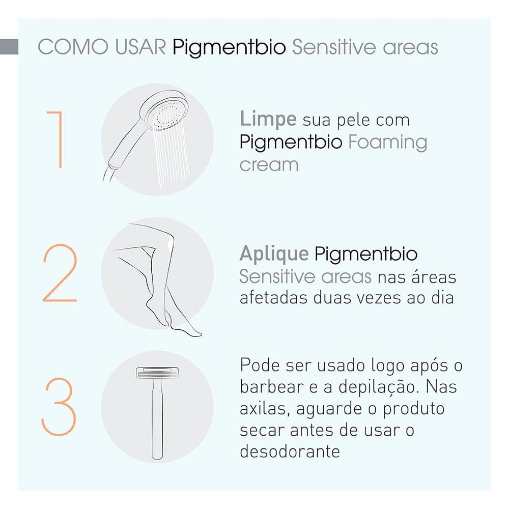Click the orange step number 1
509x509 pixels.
tap(60, 139)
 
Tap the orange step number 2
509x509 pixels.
tap(60, 273)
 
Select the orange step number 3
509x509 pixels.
tap(59, 406)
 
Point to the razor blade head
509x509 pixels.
tap(157, 373)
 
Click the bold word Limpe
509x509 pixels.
tap(268, 120)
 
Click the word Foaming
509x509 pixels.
tap(387, 143)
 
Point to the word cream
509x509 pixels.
tap(269, 165)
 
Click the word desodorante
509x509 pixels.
tap(290, 451)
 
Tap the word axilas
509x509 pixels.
tap(265, 409)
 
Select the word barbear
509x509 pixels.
tap(271, 387)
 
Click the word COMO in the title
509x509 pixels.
tap(73, 47)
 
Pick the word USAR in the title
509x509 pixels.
tap(140, 47)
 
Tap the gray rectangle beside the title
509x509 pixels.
tap(9, 47)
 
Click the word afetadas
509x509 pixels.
tap(273, 298)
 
